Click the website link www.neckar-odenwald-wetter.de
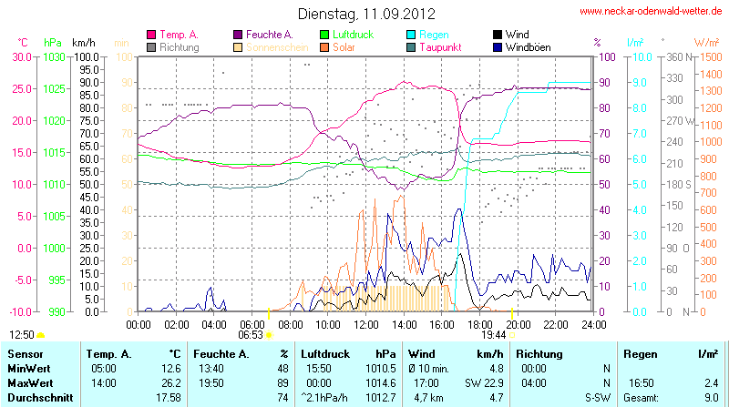[x=652, y=12]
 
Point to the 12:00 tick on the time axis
[x=366, y=324]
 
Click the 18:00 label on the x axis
[x=480, y=324]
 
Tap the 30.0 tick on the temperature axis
[x=21, y=56]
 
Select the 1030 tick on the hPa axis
[x=54, y=56]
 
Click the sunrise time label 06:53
[x=251, y=334]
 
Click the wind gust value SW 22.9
[x=484, y=382]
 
